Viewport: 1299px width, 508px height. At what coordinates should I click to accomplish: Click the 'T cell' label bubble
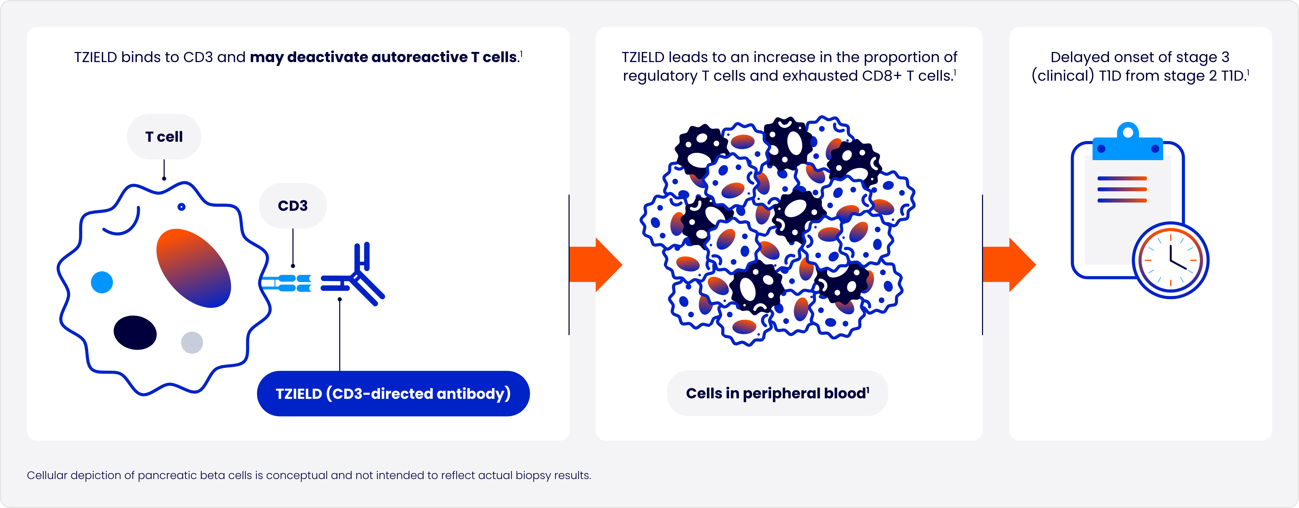[164, 137]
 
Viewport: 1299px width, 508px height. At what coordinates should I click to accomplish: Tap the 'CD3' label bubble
[292, 206]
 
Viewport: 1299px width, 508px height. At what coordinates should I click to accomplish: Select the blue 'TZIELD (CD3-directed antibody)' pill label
[393, 393]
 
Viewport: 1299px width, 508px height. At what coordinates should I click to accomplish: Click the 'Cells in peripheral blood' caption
[777, 393]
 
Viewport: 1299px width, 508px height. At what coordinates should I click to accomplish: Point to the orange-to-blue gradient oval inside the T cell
[194, 268]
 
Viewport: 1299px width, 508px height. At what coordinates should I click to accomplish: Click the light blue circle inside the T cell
[102, 282]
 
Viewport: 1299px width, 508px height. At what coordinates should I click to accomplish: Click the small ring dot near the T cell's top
[182, 207]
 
